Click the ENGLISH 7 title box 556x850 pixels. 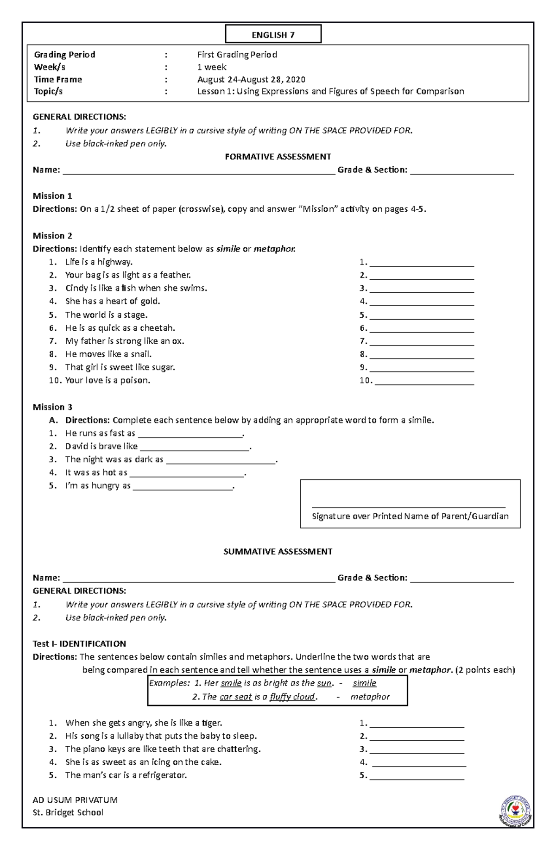click(273, 35)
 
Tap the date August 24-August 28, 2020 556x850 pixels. click(251, 79)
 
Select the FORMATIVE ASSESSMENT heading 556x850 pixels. click(278, 157)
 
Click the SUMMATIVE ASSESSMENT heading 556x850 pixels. click(278, 551)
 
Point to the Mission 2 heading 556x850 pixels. click(52, 235)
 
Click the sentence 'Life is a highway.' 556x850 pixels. click(99, 262)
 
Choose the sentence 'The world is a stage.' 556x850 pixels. click(106, 315)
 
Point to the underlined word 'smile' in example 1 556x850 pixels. click(231, 683)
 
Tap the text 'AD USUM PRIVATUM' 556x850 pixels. click(75, 800)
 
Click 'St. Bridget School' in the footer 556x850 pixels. click(68, 812)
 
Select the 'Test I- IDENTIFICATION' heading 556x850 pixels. click(79, 643)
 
